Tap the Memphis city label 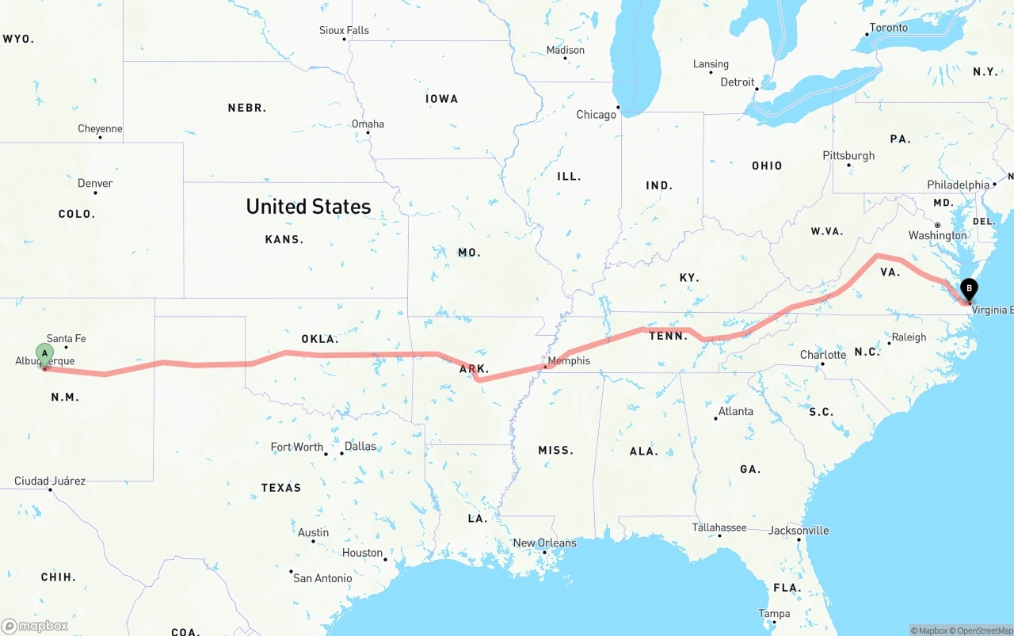[569, 360]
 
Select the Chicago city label [596, 115]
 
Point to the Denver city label [95, 183]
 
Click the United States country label [308, 207]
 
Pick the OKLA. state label [319, 339]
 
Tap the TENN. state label [668, 336]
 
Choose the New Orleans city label [544, 543]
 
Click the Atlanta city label [736, 411]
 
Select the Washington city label [937, 235]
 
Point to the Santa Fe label [66, 338]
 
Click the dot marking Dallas [342, 453]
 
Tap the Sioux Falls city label [344, 30]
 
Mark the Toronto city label [889, 28]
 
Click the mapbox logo [35, 626]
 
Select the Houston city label [362, 553]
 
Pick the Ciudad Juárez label [50, 481]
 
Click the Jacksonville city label [799, 530]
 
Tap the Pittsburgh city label [848, 155]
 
